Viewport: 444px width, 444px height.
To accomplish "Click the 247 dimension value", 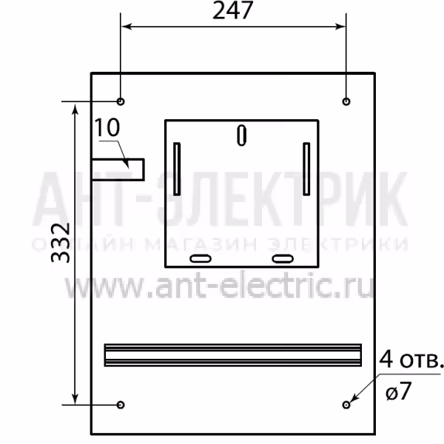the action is coord(233,10).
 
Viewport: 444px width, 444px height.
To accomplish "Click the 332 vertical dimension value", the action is coord(61,243).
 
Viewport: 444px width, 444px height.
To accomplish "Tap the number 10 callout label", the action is coord(107,127).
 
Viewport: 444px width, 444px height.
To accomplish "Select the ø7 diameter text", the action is coord(399,391).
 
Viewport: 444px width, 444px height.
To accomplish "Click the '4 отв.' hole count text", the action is coord(411,359).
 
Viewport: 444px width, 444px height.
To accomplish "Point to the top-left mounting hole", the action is coord(121,101).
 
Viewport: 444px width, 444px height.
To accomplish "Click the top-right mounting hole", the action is coord(346,101).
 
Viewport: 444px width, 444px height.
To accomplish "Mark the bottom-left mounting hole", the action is coord(121,405).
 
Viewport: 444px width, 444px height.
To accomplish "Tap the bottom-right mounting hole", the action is coord(346,405).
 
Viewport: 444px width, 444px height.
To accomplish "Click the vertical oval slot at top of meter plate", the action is coord(241,135).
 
